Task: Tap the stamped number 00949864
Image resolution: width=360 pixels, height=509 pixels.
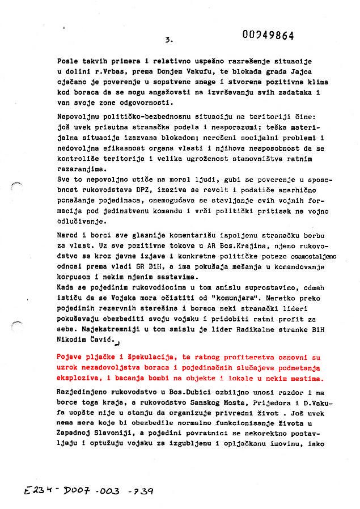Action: click(268, 35)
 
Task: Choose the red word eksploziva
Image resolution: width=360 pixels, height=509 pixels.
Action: click(77, 378)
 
